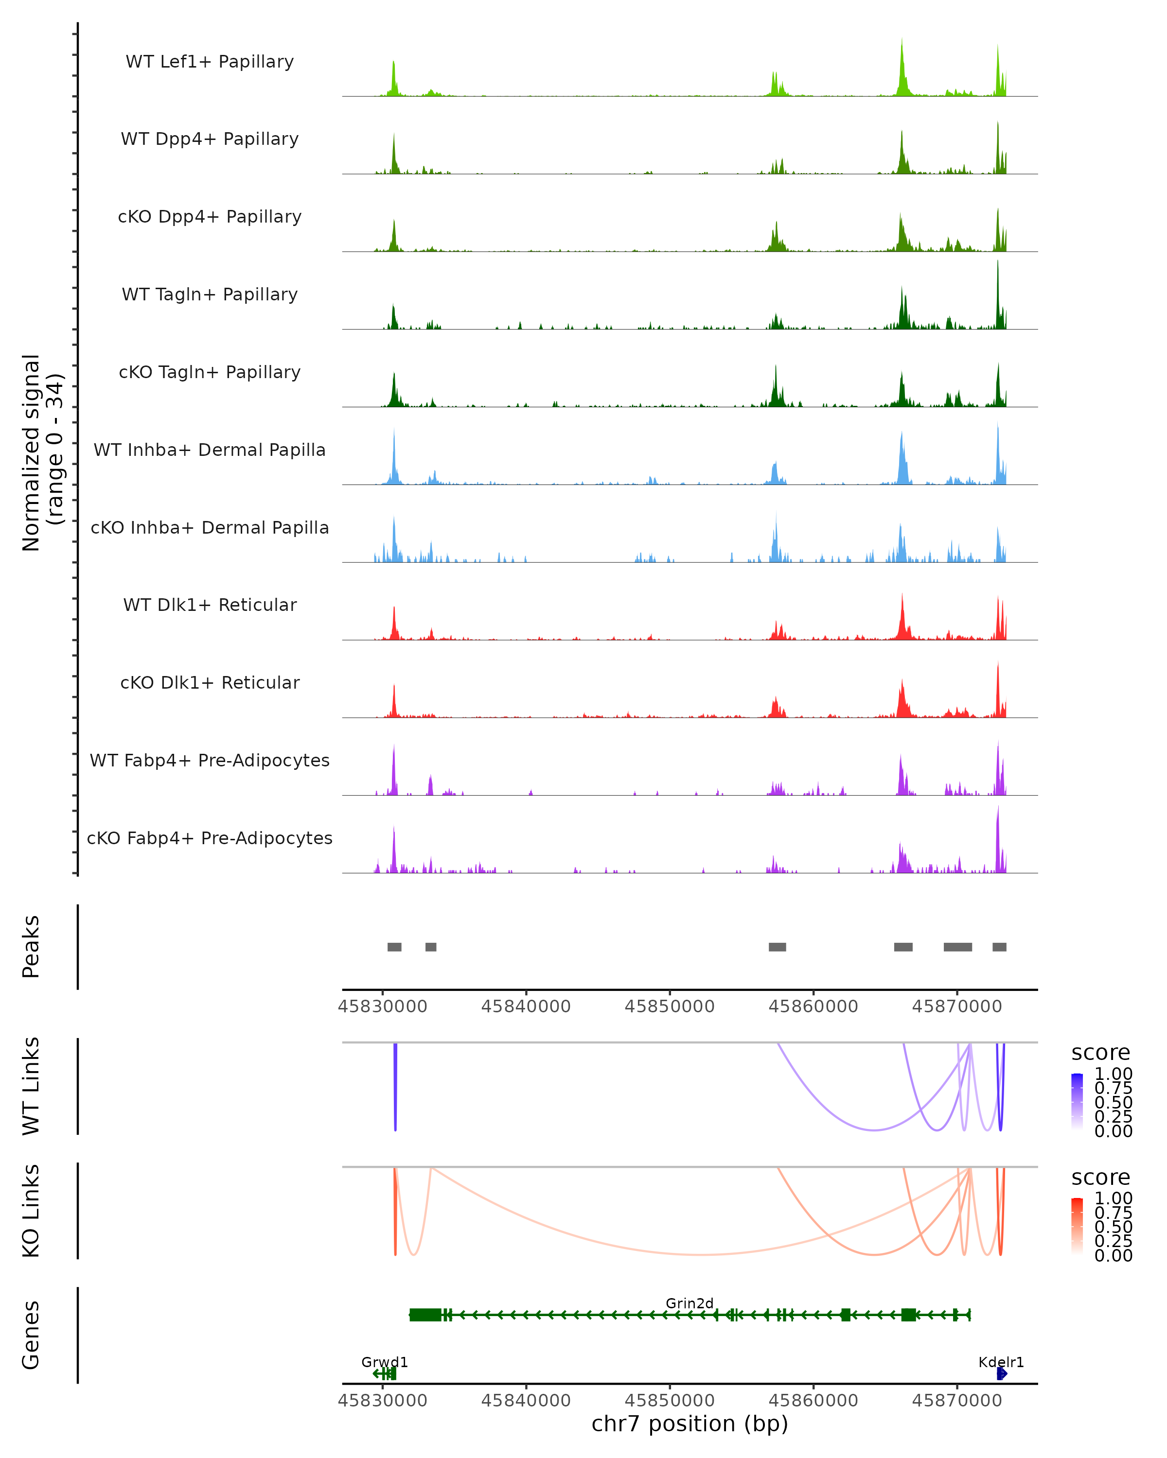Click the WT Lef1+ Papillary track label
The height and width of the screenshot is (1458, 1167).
coord(210,62)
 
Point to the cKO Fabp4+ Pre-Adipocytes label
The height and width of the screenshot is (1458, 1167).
coord(210,838)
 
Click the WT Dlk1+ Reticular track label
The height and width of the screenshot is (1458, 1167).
coord(210,605)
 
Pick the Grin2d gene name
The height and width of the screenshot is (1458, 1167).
coord(690,1303)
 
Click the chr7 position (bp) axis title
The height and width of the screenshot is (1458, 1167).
coord(690,1423)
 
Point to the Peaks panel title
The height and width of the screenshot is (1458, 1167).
coord(31,947)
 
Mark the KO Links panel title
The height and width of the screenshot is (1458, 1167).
coord(31,1211)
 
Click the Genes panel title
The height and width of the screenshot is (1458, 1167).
coord(31,1335)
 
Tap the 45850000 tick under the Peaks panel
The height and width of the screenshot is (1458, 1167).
coord(670,1007)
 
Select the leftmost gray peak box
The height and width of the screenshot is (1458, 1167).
coord(394,947)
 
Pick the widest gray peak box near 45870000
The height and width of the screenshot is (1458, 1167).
coord(958,947)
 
